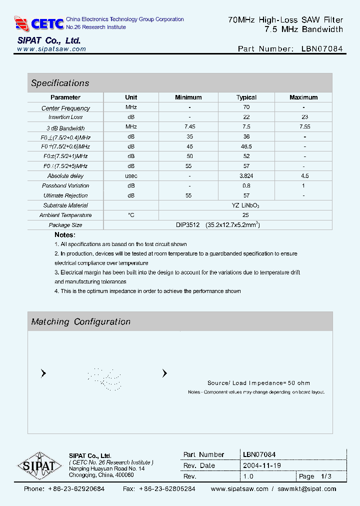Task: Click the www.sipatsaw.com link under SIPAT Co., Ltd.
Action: pyautogui.click(x=51, y=49)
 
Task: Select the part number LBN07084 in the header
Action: pyautogui.click(x=322, y=49)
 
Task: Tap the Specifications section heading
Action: pyautogui.click(x=60, y=83)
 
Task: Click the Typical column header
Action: pyautogui.click(x=246, y=97)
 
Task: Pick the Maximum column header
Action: pyautogui.click(x=303, y=97)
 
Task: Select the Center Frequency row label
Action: pyautogui.click(x=65, y=108)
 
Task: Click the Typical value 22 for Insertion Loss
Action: pyautogui.click(x=246, y=117)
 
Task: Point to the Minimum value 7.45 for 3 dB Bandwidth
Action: pyautogui.click(x=189, y=127)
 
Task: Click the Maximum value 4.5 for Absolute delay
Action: pyautogui.click(x=304, y=176)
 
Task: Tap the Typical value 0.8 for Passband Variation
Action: pyautogui.click(x=246, y=186)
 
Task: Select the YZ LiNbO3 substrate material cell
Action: pyautogui.click(x=245, y=205)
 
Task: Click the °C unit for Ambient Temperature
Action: pyautogui.click(x=131, y=215)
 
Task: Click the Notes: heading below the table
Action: pyautogui.click(x=65, y=234)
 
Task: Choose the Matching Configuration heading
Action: pyautogui.click(x=80, y=322)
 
